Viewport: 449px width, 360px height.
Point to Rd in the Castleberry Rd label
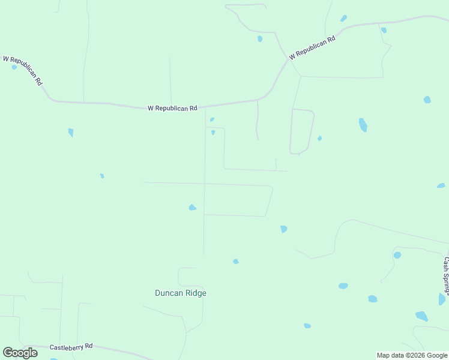[x=88, y=346]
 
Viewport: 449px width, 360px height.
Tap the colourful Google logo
[x=20, y=353]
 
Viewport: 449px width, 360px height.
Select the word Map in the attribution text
[x=384, y=355]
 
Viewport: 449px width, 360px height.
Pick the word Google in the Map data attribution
[x=436, y=355]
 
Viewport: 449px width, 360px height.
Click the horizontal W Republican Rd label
[x=172, y=109]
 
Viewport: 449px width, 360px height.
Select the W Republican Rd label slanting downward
[x=23, y=70]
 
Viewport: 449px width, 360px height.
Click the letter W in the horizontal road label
[x=151, y=109]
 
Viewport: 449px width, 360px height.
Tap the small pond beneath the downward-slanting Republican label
[x=14, y=67]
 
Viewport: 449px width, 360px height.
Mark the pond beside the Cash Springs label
[x=442, y=299]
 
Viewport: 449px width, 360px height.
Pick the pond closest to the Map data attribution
[x=422, y=316]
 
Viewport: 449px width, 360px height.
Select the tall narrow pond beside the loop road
[x=363, y=125]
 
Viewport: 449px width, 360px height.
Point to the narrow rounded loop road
[x=302, y=131]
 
